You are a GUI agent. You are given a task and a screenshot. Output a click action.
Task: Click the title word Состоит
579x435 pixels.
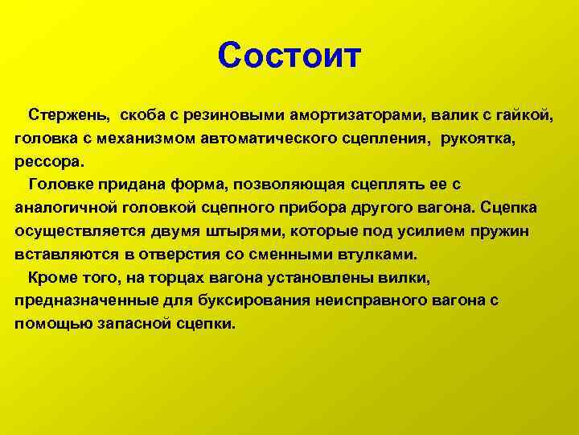(x=289, y=56)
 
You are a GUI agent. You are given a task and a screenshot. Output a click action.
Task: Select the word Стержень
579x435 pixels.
(x=69, y=115)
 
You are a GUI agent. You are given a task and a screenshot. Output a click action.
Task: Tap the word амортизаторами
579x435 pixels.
(x=355, y=116)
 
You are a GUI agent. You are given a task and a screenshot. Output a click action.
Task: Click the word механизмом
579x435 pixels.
(x=146, y=139)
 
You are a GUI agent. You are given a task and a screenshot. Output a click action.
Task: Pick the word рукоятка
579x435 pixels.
(x=478, y=139)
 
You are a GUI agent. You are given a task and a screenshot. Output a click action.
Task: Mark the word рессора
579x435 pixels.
(x=50, y=163)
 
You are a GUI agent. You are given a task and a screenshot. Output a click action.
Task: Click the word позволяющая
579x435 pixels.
(x=289, y=184)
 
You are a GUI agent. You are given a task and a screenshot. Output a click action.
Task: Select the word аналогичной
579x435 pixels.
(x=66, y=208)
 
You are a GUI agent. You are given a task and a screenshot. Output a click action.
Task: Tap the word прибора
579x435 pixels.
(x=312, y=209)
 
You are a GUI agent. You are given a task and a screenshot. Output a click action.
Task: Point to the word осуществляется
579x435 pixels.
(x=80, y=232)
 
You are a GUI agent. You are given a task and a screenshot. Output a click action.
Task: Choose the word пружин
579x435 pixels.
(x=500, y=232)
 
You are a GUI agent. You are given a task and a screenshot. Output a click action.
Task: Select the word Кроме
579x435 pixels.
(x=51, y=277)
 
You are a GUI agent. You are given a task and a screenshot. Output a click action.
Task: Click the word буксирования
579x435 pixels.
(x=254, y=301)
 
